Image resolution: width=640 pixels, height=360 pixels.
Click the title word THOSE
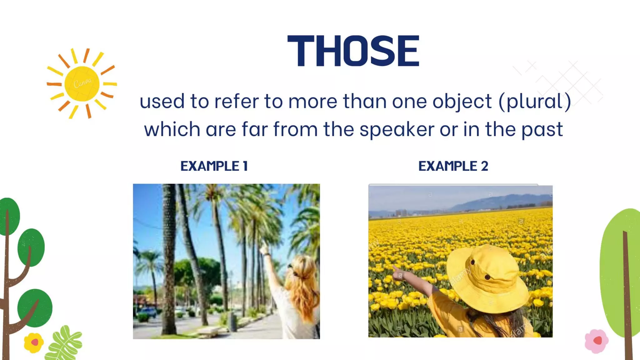tap(353, 51)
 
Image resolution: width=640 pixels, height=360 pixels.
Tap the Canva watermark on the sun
tap(82, 83)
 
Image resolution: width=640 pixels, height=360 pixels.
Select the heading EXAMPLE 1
tap(214, 166)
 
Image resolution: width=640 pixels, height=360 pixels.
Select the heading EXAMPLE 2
tap(453, 166)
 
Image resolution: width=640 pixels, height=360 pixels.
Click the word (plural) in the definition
tap(535, 102)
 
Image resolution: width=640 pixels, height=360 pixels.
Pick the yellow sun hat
tap(487, 278)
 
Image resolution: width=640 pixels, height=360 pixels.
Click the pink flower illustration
tap(597, 341)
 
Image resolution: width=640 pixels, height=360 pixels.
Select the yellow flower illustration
tap(34, 342)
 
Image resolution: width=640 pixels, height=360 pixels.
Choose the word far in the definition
tap(255, 129)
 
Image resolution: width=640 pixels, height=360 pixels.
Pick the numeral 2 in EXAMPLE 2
tap(484, 166)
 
